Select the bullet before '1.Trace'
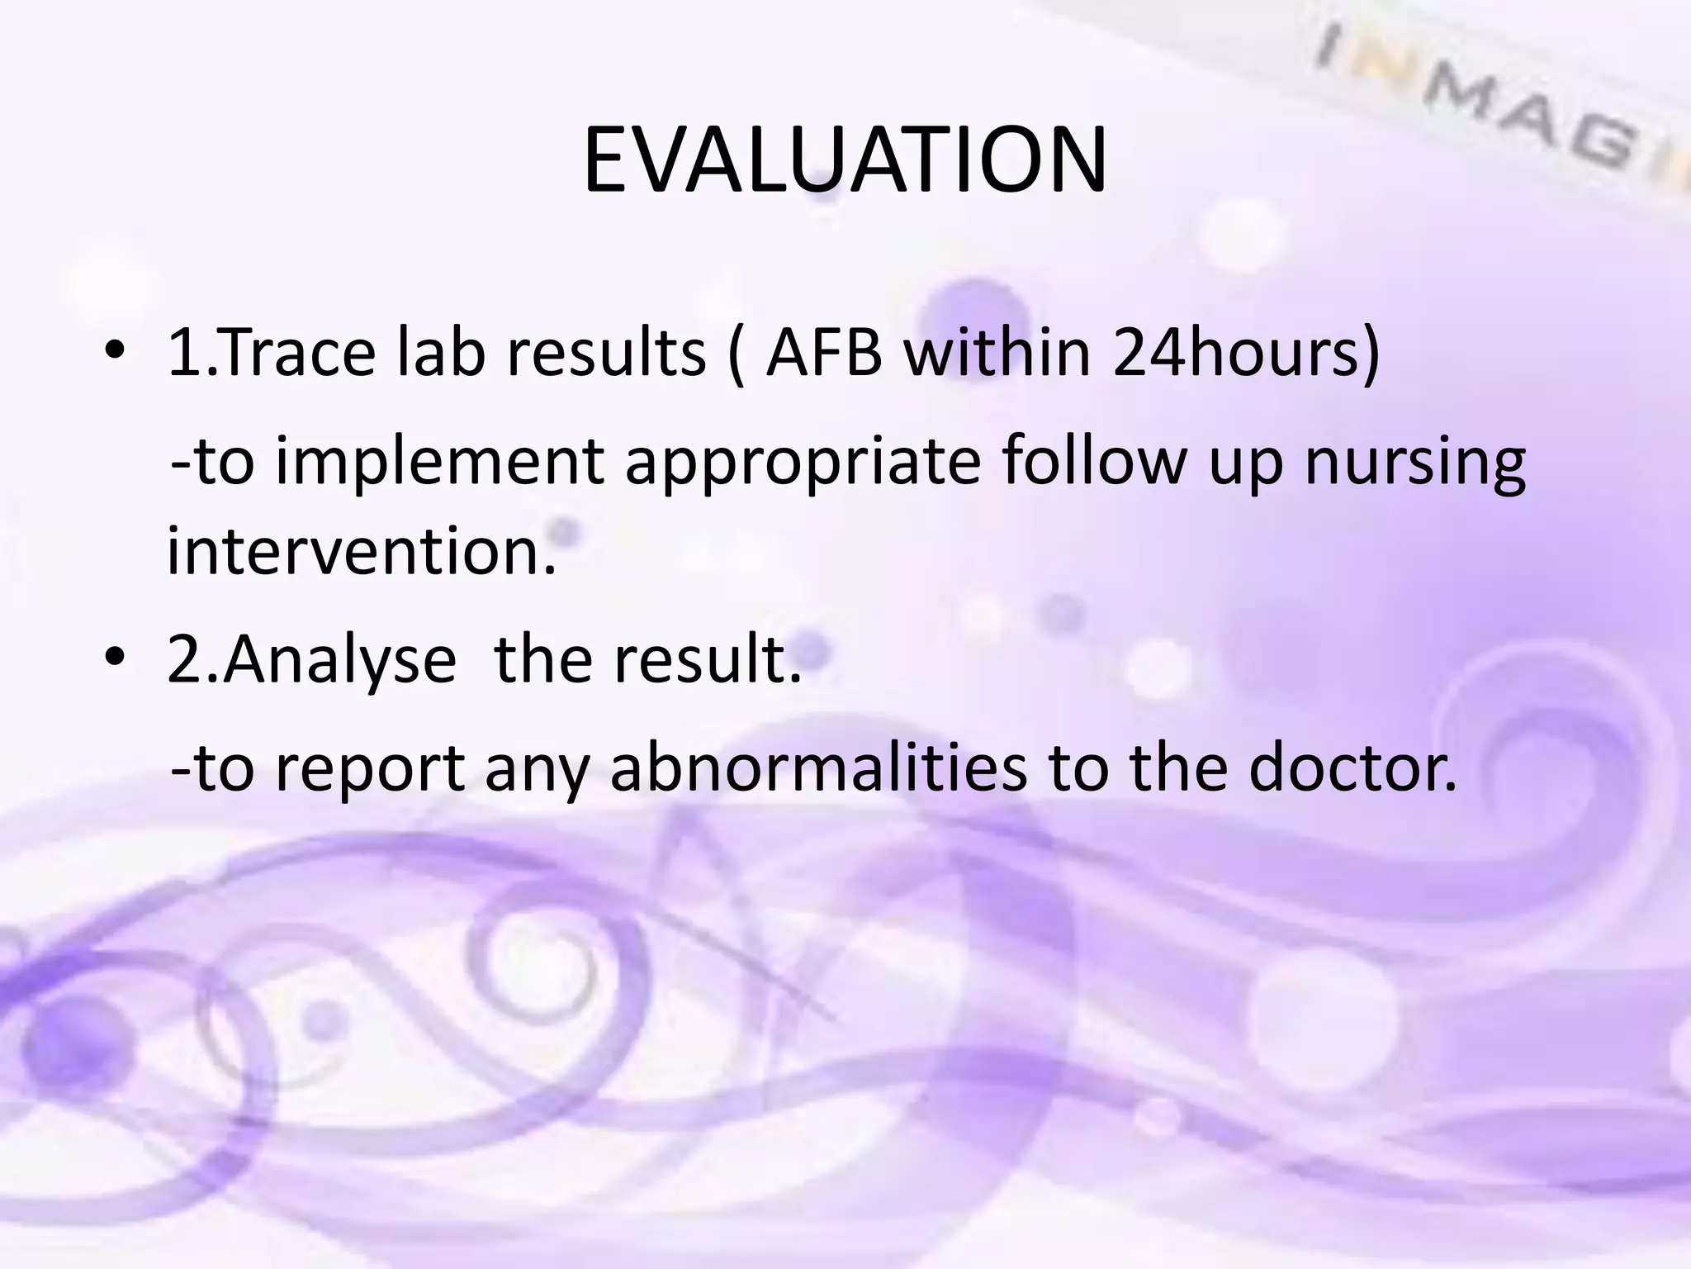click(x=115, y=353)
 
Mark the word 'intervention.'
click(x=362, y=551)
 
